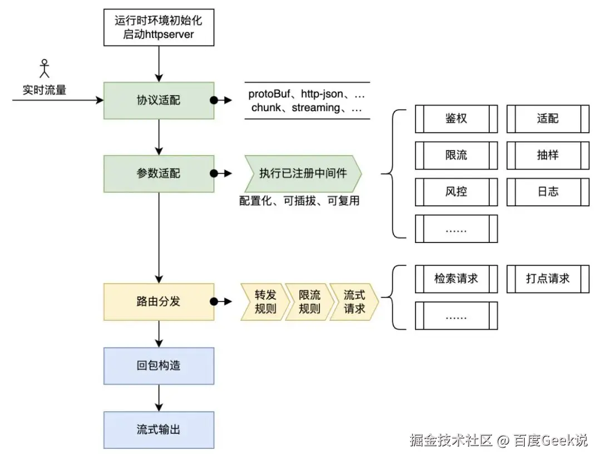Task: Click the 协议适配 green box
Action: [159, 101]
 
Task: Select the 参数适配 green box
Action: [159, 174]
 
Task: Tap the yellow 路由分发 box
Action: [159, 302]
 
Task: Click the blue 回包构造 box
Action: [159, 366]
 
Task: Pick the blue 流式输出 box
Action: [159, 430]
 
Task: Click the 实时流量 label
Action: [44, 90]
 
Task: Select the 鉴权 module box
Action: [456, 118]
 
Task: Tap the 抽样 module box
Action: [548, 155]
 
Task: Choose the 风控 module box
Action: [456, 192]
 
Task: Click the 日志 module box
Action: [548, 192]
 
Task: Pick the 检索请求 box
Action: [456, 279]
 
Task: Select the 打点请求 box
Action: [548, 279]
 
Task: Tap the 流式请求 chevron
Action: [354, 302]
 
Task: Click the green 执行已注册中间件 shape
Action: [303, 174]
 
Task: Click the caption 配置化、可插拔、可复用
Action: [299, 201]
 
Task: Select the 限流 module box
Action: [456, 155]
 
